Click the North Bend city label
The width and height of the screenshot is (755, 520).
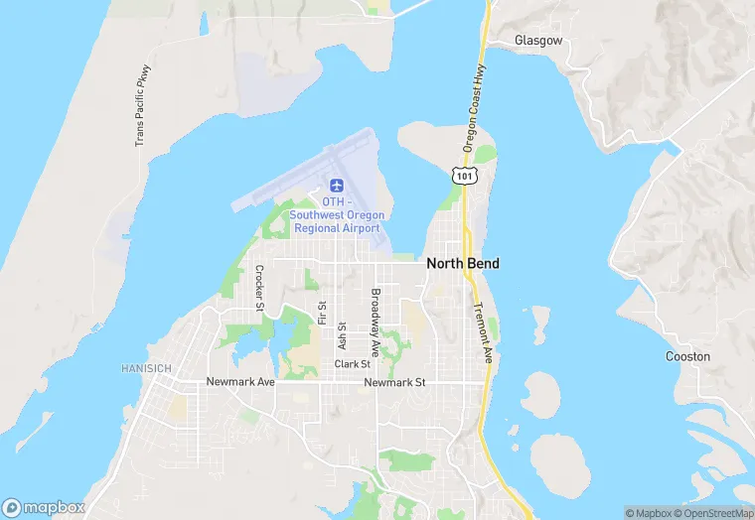pos(462,264)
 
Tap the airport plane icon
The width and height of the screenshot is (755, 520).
pos(337,186)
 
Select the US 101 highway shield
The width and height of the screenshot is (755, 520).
pos(464,175)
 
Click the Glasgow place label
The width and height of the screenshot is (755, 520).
pos(538,41)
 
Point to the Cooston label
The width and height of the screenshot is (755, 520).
pos(687,356)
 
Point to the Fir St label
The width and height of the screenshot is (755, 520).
pos(322,313)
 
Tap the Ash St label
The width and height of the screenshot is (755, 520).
pos(342,334)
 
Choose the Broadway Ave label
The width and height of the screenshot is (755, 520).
pos(376,323)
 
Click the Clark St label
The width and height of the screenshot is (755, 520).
pos(352,364)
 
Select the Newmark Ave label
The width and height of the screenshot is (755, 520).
pos(239,382)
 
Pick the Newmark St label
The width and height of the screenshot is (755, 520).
pos(394,382)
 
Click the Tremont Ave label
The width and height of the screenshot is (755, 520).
pos(484,332)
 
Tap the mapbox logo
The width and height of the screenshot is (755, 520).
pos(44,507)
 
